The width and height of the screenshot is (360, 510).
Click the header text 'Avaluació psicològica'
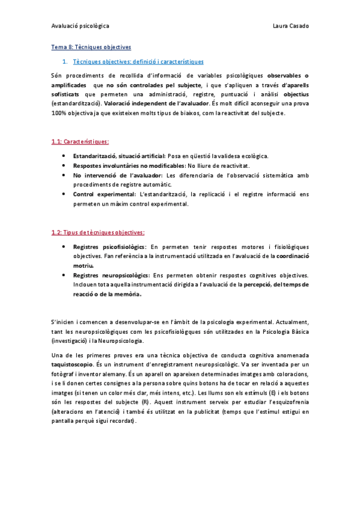tap(80, 26)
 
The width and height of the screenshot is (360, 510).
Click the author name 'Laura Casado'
tap(291, 26)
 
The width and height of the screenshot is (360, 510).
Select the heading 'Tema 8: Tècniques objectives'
tap(91, 47)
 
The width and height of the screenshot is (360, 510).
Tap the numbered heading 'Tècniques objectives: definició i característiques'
tap(138, 61)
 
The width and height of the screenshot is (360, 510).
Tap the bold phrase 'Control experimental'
tap(104, 194)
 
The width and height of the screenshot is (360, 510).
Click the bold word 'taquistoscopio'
tap(72, 364)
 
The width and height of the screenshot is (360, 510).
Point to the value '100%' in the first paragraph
tap(59, 113)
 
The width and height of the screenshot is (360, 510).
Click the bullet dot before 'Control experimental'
tap(64, 194)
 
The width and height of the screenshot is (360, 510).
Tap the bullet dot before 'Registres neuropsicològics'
tap(64, 275)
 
